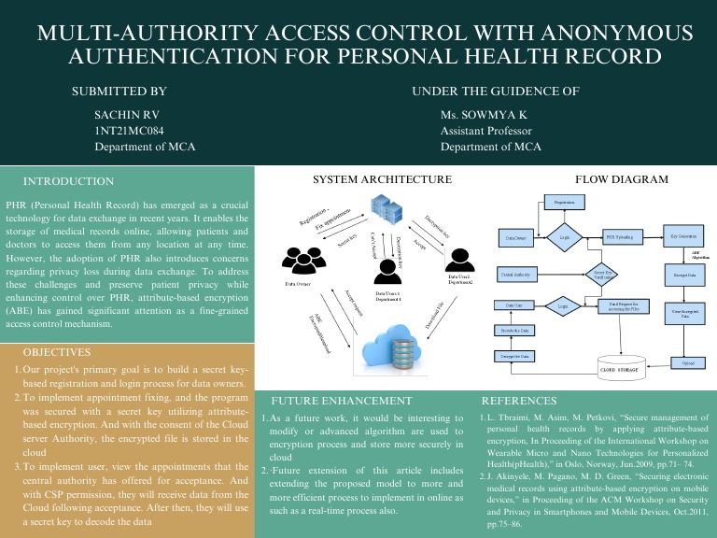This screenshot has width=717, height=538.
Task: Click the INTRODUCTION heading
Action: [68, 180]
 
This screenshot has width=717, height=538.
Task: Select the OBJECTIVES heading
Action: [57, 353]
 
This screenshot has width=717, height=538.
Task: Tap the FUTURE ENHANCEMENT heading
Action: [337, 399]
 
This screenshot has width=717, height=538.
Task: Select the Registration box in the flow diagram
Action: [564, 202]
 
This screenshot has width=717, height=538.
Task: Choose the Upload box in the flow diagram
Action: [687, 362]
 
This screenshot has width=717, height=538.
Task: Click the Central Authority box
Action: [516, 275]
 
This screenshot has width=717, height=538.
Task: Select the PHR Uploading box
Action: [625, 237]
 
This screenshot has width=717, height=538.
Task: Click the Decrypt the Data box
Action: [513, 356]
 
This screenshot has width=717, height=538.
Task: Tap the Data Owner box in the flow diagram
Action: [515, 239]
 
